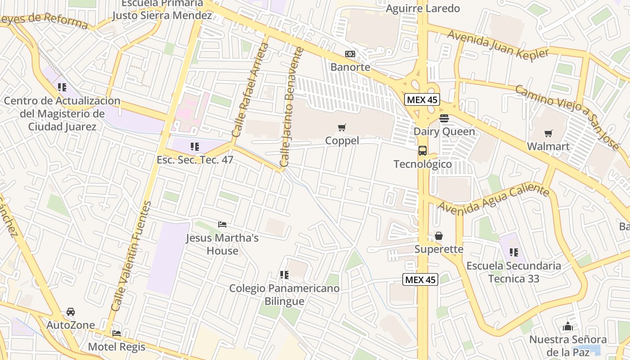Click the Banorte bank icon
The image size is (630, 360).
[x=350, y=54]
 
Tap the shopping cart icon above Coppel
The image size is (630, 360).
[x=342, y=128]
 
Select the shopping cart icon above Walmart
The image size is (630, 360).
[x=548, y=133]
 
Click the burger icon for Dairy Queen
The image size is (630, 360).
[x=444, y=118]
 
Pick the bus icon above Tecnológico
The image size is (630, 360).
[x=423, y=151]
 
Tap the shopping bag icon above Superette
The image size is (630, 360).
[x=439, y=236]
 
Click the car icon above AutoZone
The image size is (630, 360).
[x=71, y=311]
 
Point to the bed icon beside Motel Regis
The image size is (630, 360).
[x=117, y=333]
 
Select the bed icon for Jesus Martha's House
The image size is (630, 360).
[x=222, y=224]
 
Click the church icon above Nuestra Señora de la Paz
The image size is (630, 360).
[x=568, y=326]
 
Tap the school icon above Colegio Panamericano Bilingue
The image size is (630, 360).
[x=284, y=274]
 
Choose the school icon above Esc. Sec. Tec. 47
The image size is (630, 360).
[x=195, y=146]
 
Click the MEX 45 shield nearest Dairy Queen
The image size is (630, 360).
[x=422, y=99]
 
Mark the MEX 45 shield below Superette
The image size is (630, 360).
[x=420, y=279]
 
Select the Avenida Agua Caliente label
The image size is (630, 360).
[x=493, y=200]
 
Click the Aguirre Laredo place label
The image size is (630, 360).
[x=423, y=9]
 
